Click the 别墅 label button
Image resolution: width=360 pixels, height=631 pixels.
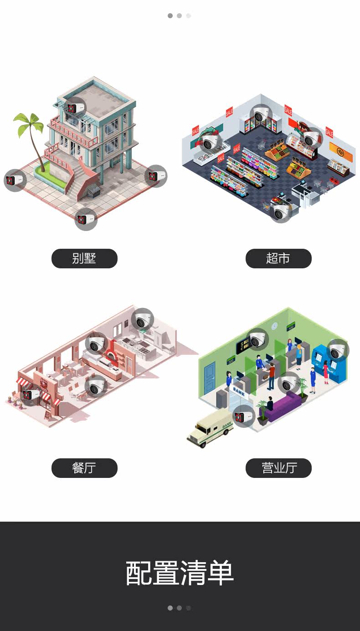[84, 258]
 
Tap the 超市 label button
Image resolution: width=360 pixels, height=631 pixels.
[278, 258]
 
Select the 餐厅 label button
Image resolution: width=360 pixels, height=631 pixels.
[84, 468]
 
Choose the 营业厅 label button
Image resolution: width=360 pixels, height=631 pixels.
[278, 468]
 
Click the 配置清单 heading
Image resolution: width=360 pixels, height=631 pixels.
[180, 573]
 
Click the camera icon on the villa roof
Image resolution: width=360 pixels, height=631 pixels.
[72, 108]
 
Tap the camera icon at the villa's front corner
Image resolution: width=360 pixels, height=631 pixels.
[86, 220]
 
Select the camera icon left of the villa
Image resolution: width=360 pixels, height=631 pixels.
[15, 180]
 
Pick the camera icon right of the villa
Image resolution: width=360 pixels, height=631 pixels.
[156, 176]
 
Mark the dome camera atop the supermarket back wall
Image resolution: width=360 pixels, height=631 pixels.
[261, 115]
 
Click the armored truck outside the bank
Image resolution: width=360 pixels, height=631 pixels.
[210, 429]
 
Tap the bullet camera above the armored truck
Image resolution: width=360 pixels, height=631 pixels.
[244, 416]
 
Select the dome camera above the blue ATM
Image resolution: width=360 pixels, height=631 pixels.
[338, 350]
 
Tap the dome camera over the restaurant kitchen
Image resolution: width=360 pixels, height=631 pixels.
[142, 320]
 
